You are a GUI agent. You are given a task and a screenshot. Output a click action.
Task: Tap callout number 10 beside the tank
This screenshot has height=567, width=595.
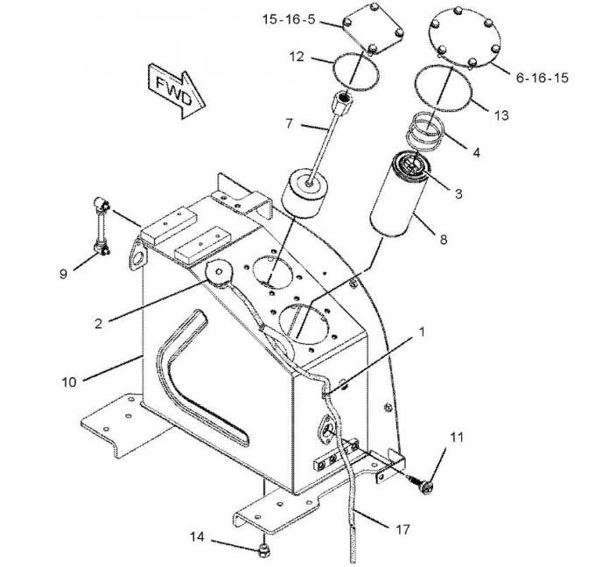[71, 381]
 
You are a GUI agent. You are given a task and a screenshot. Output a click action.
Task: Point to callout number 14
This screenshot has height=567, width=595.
[198, 537]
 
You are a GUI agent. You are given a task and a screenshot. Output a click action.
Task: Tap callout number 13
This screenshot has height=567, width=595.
[501, 115]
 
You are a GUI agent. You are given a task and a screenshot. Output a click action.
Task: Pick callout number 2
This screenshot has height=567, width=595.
[99, 323]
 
